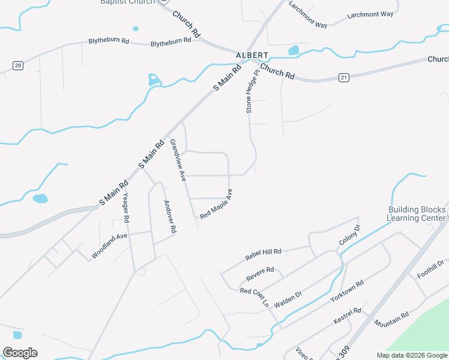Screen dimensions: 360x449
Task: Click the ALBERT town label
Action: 252,55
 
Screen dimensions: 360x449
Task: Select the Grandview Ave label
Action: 177,160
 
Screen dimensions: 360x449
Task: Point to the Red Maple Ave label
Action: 216,204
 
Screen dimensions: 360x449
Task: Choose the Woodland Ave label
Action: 109,245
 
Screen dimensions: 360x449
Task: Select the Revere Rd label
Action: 260,274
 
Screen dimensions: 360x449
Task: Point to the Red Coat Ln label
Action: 254,296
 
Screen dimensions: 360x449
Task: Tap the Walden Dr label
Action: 288,299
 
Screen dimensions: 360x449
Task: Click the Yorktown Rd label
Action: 347,291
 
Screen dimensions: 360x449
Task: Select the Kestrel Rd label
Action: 348,316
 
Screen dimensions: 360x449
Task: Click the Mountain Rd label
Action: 391,319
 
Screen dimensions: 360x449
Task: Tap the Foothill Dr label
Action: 431,269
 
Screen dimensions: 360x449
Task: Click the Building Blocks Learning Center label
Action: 417,214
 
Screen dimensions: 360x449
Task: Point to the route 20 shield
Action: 18,65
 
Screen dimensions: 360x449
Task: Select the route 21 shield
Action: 343,77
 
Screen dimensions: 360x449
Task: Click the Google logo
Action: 20,353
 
